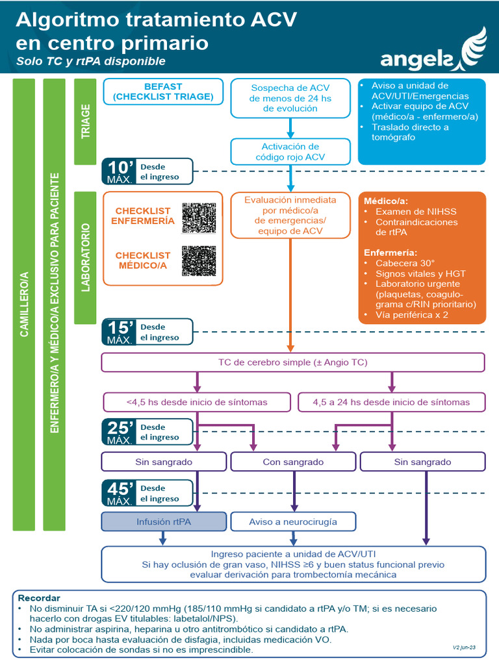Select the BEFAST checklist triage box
[163, 92]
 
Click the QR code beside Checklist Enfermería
[198, 218]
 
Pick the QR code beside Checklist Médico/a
[198, 260]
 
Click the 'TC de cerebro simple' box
[293, 362]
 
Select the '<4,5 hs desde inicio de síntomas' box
[196, 402]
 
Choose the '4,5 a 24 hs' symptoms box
[391, 402]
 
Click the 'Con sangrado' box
[293, 462]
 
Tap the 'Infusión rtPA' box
[164, 521]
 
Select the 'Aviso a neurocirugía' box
[293, 521]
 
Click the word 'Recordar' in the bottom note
[39, 597]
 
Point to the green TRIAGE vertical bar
[85, 121]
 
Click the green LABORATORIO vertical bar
[85, 257]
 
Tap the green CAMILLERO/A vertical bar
[24, 304]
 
